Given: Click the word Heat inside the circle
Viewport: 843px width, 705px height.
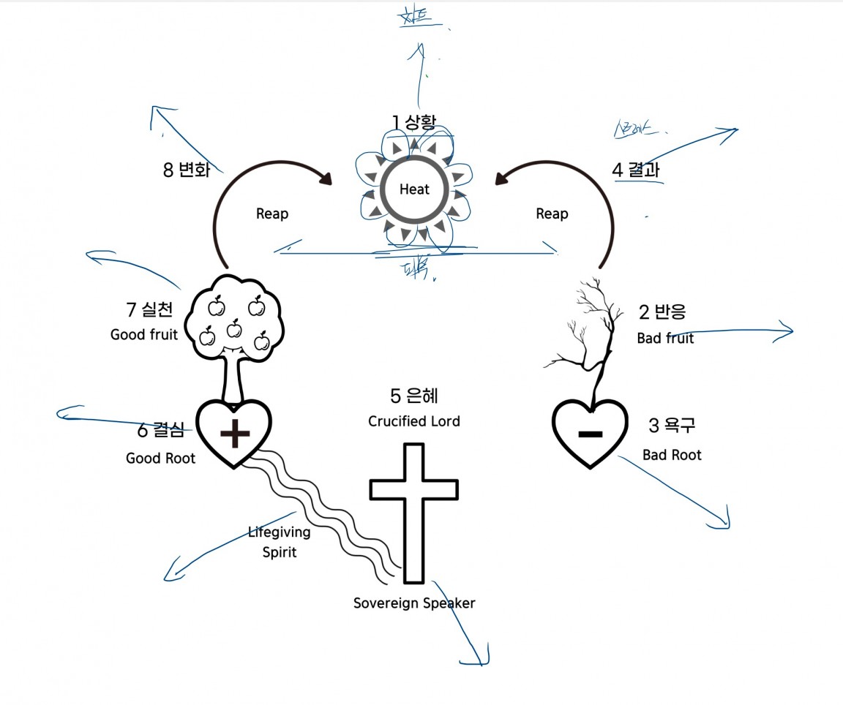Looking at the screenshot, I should click(x=414, y=189).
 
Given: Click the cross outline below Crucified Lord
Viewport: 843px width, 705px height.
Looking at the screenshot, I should click(x=414, y=512).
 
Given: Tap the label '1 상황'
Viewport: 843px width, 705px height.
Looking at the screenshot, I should click(x=413, y=121).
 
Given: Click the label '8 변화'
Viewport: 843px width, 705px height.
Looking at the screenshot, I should click(x=187, y=170).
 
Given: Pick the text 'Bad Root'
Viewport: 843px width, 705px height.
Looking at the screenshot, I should click(x=672, y=455).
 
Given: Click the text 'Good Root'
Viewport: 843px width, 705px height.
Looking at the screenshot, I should click(x=161, y=459).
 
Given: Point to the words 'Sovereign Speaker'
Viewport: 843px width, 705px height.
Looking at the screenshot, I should click(x=414, y=603).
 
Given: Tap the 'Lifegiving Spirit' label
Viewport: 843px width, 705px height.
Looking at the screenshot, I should click(x=279, y=542).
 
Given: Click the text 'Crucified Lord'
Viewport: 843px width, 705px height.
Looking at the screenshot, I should click(x=414, y=421).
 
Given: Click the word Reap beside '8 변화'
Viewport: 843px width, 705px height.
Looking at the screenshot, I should click(x=272, y=214).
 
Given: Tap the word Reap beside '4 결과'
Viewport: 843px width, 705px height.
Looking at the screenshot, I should click(x=552, y=214).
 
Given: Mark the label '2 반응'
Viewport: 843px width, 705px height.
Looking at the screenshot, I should click(x=662, y=312).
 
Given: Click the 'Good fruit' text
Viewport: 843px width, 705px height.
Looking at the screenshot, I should click(x=144, y=335).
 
